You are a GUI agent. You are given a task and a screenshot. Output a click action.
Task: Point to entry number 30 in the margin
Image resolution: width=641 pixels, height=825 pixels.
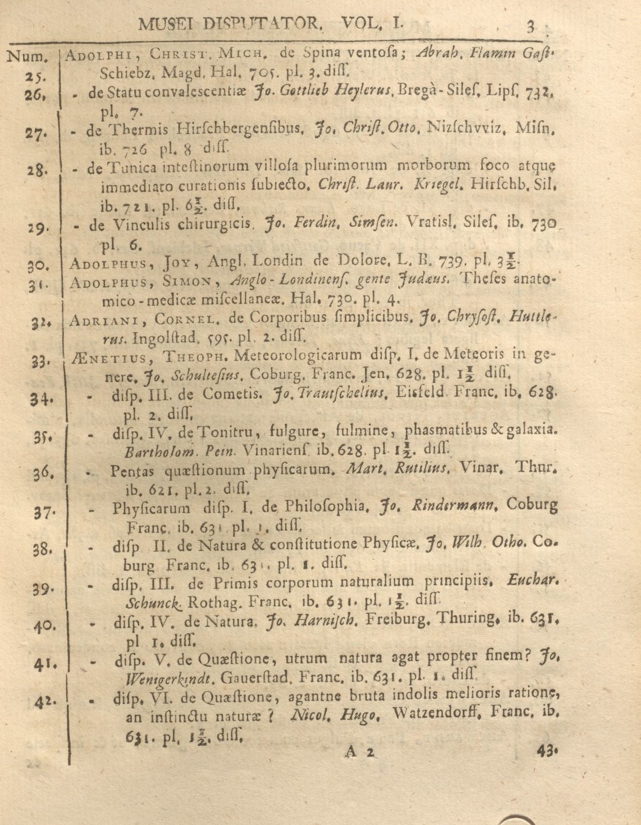tap(37, 266)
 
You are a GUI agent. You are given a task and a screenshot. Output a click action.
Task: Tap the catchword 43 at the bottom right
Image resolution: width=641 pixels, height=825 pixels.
tap(546, 752)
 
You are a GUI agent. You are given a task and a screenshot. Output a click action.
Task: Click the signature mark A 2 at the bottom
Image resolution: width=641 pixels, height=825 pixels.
tap(361, 752)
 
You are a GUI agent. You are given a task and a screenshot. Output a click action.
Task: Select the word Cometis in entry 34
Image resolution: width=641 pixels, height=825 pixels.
tap(231, 394)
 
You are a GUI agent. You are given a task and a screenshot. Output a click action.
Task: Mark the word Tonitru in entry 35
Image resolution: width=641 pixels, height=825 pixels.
tap(223, 431)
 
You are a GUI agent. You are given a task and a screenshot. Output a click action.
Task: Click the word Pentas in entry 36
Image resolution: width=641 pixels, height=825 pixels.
tap(132, 471)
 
